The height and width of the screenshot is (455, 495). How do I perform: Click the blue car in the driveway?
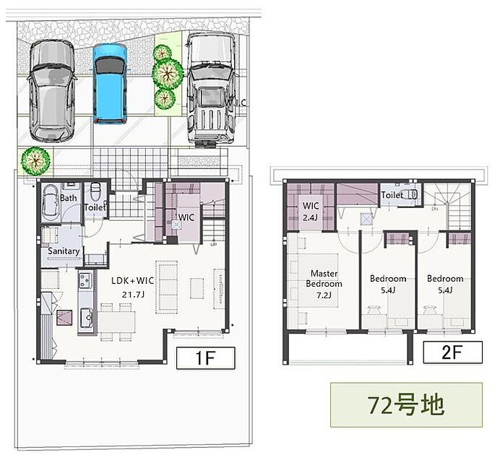pos(110,84)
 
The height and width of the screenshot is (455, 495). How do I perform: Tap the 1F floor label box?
pos(205,357)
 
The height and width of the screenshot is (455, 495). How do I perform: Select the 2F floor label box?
pos(452,352)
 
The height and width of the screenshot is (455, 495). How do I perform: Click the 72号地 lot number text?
pos(406,405)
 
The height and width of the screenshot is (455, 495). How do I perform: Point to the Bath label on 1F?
pos(68,198)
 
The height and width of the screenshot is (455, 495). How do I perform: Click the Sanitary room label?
pos(64,251)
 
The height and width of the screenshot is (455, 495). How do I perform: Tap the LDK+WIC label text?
pos(132,280)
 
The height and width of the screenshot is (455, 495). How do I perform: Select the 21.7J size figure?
pos(133,295)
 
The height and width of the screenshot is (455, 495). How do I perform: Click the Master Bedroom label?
pos(324,278)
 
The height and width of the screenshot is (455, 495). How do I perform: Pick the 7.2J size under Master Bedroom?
pos(324,295)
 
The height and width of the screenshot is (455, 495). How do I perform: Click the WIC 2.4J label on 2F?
pos(311,212)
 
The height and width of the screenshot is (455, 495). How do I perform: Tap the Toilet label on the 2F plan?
pos(392,195)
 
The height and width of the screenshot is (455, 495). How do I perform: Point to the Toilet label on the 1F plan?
pos(95,207)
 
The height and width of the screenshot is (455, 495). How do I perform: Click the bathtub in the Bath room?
pos(51,202)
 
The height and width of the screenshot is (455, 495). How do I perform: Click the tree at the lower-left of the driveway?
pos(35,160)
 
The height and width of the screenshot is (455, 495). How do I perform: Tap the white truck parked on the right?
pos(211,90)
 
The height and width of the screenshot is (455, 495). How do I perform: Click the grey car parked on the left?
pos(52,91)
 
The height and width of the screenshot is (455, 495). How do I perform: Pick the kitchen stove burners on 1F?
pos(85,280)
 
